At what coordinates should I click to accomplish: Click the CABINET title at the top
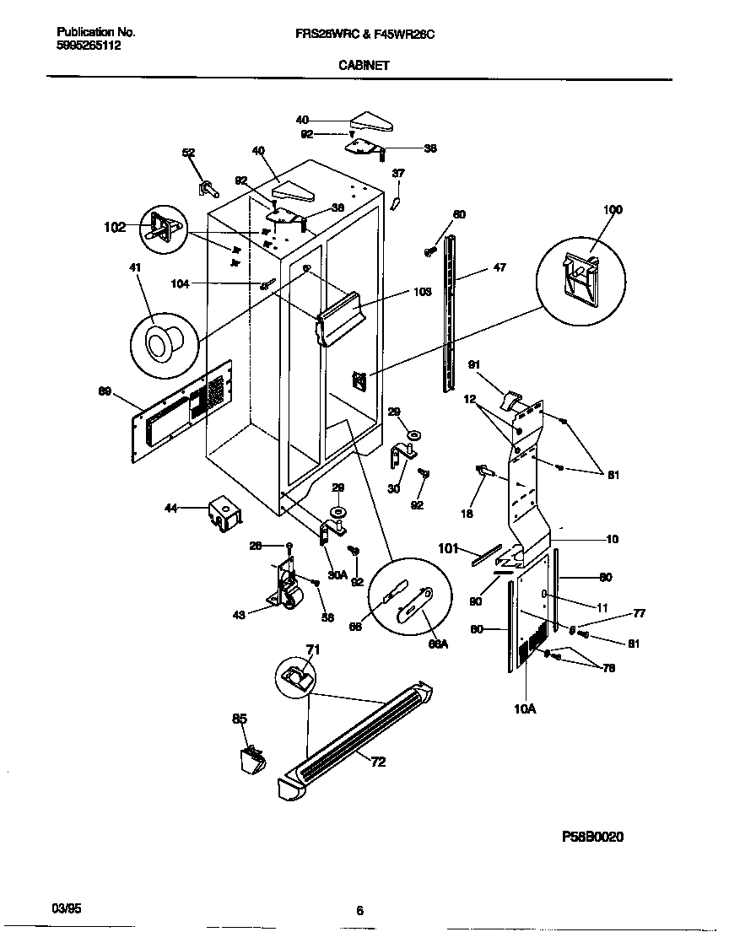(x=364, y=64)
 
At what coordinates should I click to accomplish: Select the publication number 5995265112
(x=89, y=46)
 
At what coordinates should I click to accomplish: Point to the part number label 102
(x=115, y=227)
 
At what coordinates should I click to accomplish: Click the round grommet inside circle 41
(x=160, y=342)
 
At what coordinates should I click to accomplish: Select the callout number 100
(x=613, y=209)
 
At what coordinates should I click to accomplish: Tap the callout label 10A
(x=524, y=709)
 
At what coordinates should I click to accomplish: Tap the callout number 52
(x=189, y=153)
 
